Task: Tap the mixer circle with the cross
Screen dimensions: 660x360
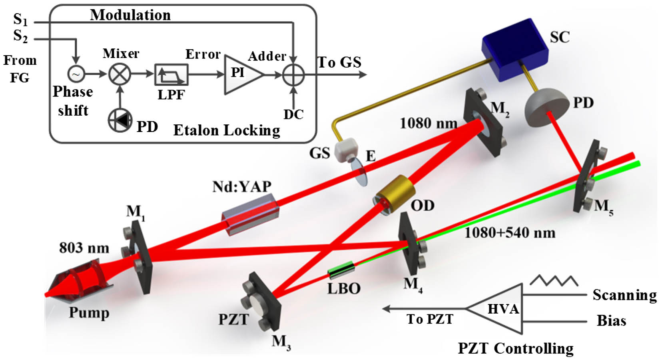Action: tap(120, 74)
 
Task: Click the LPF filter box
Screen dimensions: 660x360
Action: tap(171, 74)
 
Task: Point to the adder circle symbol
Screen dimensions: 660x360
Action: tap(293, 74)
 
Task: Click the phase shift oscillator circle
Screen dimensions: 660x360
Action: tap(76, 74)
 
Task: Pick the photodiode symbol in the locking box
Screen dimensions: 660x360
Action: tap(120, 121)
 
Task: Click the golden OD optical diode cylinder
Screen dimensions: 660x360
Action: tap(395, 194)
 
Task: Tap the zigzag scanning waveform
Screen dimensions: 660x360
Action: tap(554, 280)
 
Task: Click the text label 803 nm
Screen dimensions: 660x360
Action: tap(84, 248)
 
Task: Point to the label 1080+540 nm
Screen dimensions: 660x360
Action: tap(510, 233)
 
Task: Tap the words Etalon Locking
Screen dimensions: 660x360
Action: tap(227, 130)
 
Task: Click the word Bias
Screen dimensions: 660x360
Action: tap(611, 320)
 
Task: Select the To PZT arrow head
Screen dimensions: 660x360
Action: tap(387, 309)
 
